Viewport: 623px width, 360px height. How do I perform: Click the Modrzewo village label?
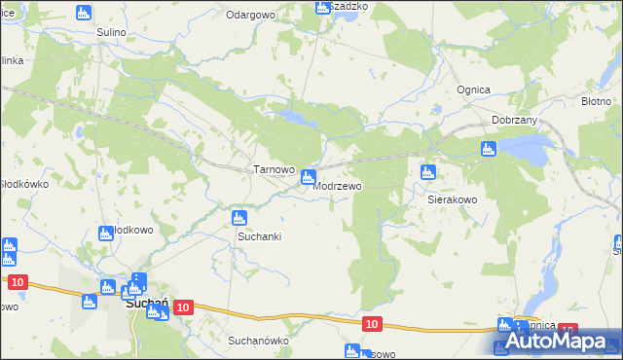pos(340,186)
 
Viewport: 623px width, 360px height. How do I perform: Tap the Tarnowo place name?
pos(274,169)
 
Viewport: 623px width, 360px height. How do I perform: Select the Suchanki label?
pos(259,236)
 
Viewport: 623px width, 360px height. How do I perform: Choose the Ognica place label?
pos(473,90)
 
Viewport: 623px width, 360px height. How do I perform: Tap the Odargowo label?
pos(250,16)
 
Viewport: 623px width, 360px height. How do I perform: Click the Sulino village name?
pos(112,32)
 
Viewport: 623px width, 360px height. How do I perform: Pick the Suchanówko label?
pos(259,342)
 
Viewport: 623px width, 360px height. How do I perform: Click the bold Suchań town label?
pos(148,306)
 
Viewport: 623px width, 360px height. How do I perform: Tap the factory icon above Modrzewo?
pos(308,177)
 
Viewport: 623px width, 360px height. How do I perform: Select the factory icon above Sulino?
pos(82,13)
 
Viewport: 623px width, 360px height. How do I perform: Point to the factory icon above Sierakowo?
pos(426,173)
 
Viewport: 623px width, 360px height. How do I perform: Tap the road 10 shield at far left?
pos(17,282)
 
